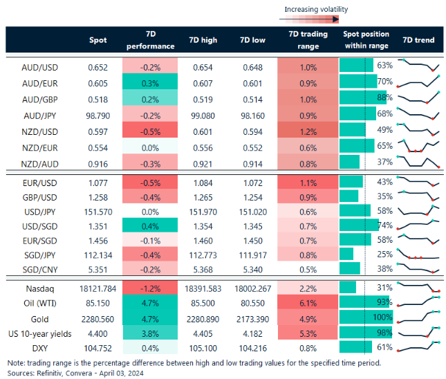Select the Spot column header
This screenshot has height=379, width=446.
(97, 40)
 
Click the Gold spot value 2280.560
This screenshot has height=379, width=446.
(96, 319)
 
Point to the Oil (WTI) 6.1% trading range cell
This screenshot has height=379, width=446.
(308, 303)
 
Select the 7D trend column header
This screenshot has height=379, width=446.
(418, 40)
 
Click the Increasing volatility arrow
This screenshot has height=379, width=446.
(315, 20)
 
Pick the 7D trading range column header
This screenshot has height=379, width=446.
(308, 40)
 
